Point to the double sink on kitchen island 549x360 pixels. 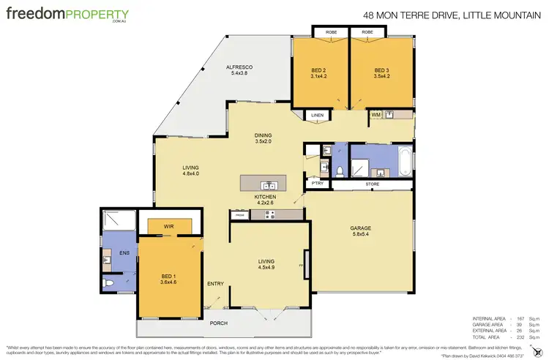pos(267,183)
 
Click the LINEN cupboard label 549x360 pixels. pos(317,116)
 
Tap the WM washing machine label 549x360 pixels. pos(375,115)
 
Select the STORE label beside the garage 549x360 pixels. pos(373,184)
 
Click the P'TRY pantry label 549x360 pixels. pos(318,184)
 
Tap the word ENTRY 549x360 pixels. pos(215,284)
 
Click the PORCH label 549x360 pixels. pos(218,323)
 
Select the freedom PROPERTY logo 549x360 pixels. pos(67,15)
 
